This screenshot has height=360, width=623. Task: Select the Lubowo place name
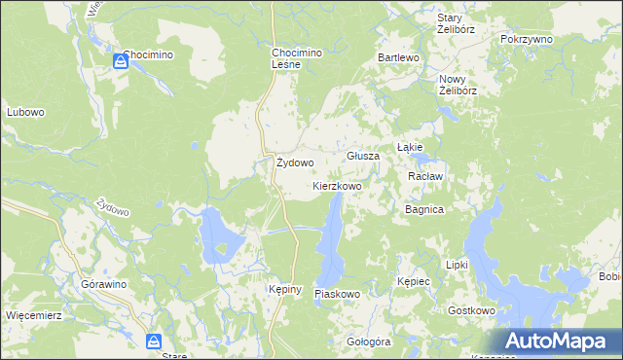[x=26, y=112]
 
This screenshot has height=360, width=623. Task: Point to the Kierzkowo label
[x=337, y=185]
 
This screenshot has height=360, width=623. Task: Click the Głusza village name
[x=363, y=156]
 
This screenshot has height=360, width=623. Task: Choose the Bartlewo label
[x=398, y=58]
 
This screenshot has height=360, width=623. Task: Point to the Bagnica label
[x=424, y=209]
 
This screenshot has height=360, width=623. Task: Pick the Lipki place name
[x=457, y=265]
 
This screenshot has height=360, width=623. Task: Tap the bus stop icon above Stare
[x=155, y=341]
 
